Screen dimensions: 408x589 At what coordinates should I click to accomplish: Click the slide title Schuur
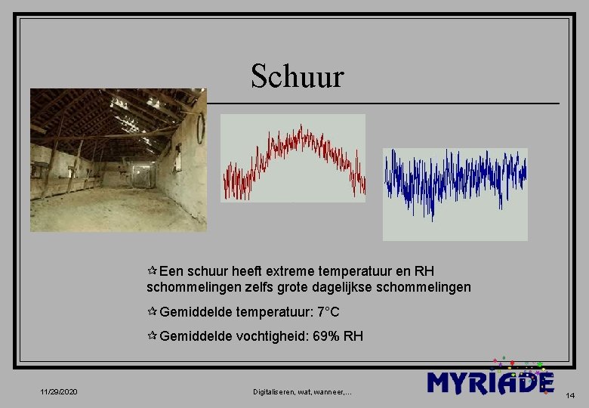pyautogui.click(x=297, y=76)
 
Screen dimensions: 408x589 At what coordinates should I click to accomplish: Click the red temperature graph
pyautogui.click(x=293, y=158)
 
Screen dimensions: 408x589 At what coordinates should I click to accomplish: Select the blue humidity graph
pyautogui.click(x=455, y=194)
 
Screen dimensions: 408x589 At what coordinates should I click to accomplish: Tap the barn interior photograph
pyautogui.click(x=118, y=159)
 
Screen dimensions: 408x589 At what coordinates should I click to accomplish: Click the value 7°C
pyautogui.click(x=328, y=312)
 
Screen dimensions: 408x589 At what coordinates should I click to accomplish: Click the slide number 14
pyautogui.click(x=570, y=395)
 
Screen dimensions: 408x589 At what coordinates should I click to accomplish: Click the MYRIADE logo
pyautogui.click(x=490, y=381)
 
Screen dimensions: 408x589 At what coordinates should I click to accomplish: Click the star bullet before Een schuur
pyautogui.click(x=153, y=270)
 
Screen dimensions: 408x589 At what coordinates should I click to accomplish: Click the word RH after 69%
pyautogui.click(x=353, y=336)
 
